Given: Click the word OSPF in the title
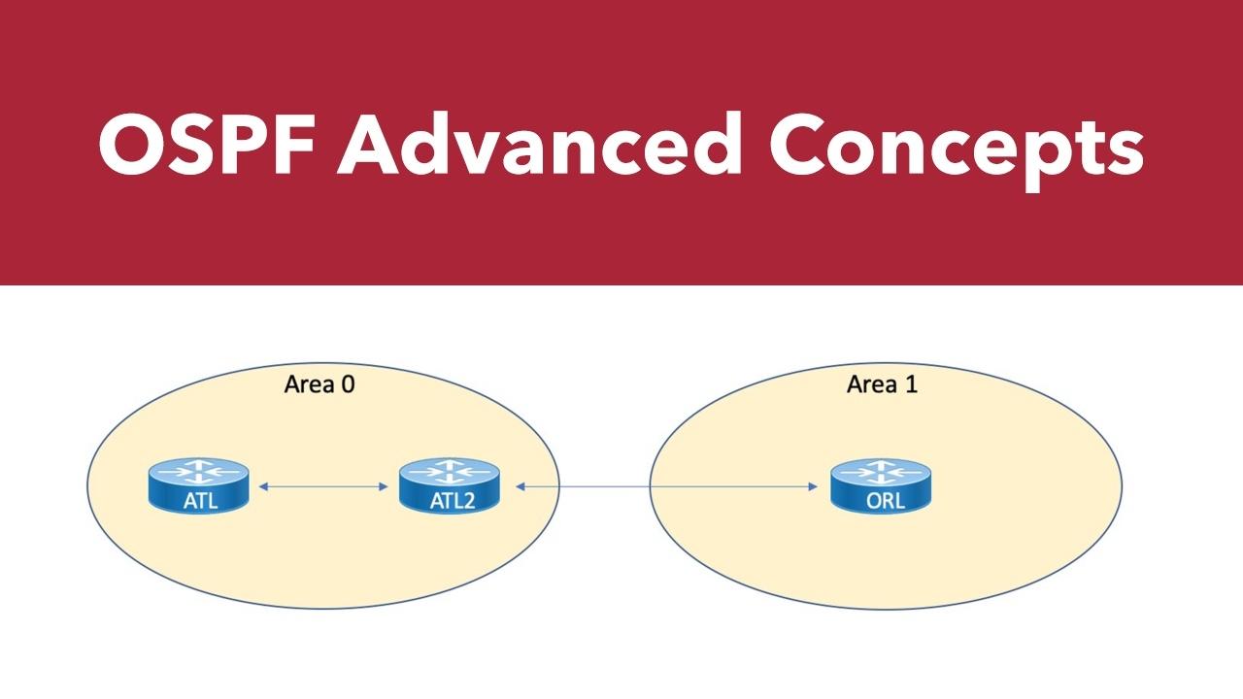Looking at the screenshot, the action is [x=208, y=145].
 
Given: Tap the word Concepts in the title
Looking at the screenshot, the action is [x=957, y=150].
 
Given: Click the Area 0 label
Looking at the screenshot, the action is [x=319, y=384].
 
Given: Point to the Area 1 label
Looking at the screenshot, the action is [x=882, y=384].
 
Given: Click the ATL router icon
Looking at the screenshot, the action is [x=199, y=486].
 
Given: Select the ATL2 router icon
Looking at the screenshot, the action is [x=450, y=486].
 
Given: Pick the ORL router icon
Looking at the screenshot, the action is [x=881, y=486].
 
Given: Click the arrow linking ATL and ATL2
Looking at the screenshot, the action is [x=323, y=486].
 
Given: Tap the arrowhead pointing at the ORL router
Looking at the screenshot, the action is [x=814, y=486].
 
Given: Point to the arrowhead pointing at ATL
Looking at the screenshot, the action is [x=263, y=486].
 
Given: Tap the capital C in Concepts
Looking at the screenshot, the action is [x=798, y=145].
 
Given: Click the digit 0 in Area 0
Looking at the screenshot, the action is [x=348, y=384].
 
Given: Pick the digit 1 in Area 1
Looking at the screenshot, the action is [x=911, y=384].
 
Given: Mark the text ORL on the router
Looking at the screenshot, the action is [x=886, y=501].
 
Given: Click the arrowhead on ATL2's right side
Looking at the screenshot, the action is [x=521, y=486].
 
